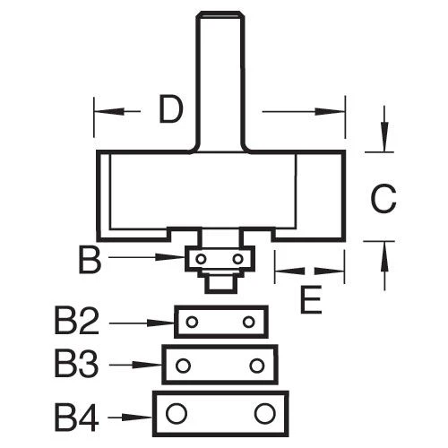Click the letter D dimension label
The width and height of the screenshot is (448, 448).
[x=171, y=110]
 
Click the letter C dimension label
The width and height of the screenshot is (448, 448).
[x=383, y=198]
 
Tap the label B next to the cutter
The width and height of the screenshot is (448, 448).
[x=90, y=261]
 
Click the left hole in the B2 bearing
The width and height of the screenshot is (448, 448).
[x=191, y=321]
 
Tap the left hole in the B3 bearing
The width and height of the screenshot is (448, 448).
[x=183, y=366]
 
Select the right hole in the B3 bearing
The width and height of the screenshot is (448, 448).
[x=258, y=366]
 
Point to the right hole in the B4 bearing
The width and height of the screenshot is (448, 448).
[x=263, y=413]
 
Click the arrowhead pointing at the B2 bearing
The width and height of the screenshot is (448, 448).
[x=165, y=322]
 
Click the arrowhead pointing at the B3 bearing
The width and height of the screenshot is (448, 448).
[x=153, y=366]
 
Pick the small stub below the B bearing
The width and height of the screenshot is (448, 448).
[x=218, y=280]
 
